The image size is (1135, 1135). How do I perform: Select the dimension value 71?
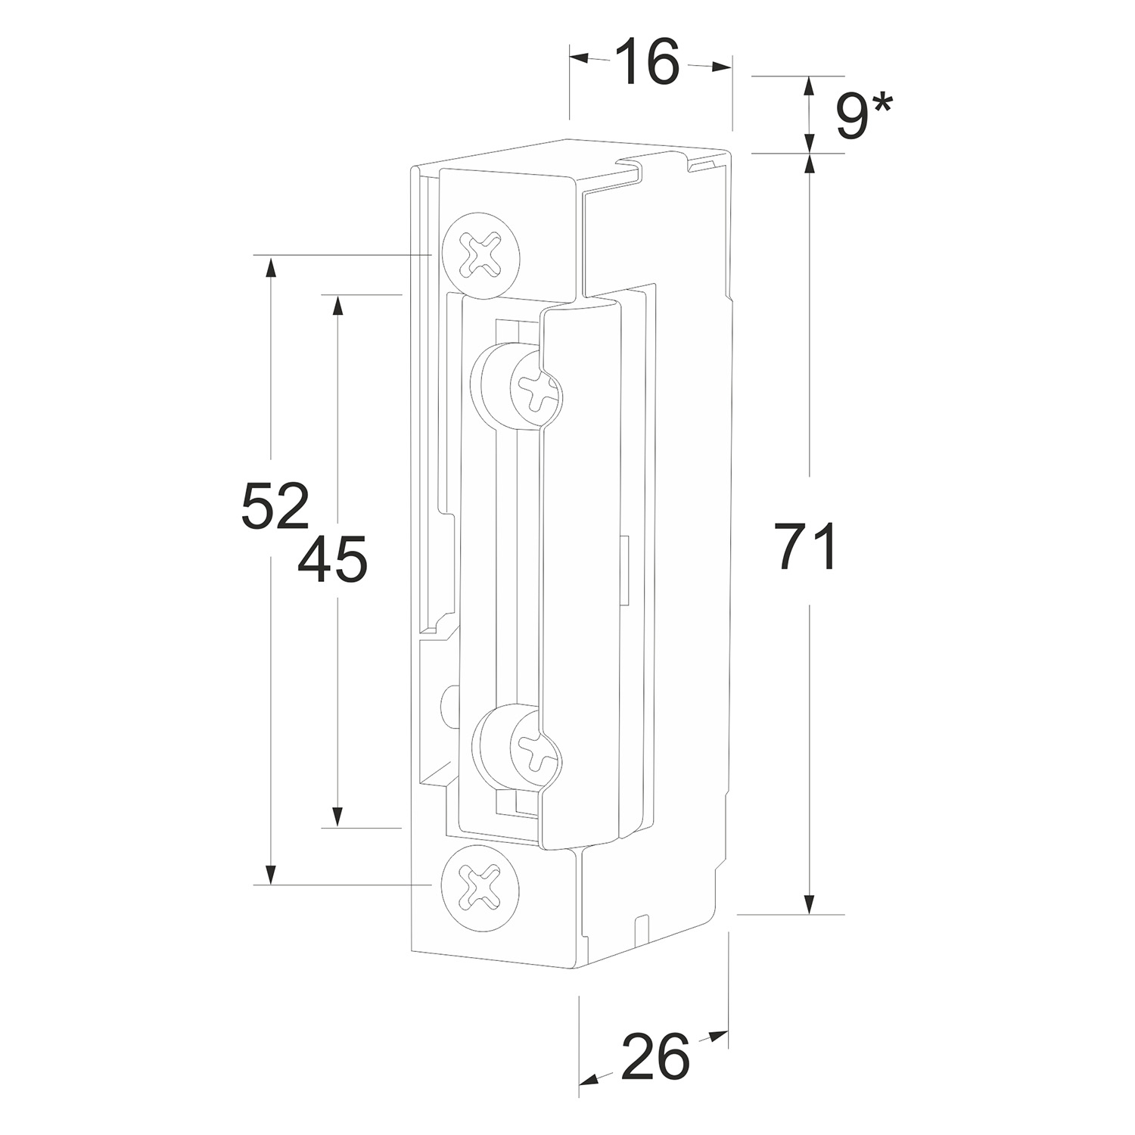tap(806, 546)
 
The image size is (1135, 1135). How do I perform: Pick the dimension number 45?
tap(332, 559)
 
